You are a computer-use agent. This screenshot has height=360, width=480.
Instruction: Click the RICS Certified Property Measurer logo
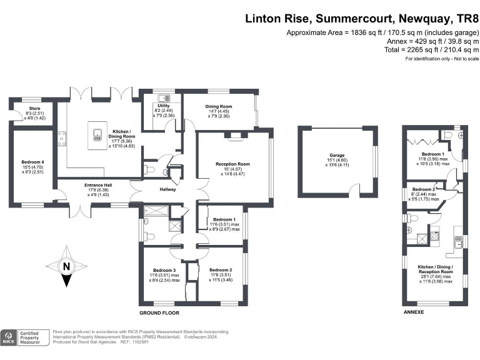click(x=24, y=337)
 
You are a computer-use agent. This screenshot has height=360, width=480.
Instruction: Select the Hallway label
click(x=167, y=189)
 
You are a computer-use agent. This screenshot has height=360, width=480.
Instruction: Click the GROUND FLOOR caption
click(x=159, y=311)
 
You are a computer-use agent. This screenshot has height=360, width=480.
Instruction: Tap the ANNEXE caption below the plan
click(x=414, y=311)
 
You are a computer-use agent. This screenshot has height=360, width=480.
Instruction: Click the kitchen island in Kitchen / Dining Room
click(x=98, y=134)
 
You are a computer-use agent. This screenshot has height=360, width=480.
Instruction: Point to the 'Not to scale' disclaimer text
click(x=442, y=59)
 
